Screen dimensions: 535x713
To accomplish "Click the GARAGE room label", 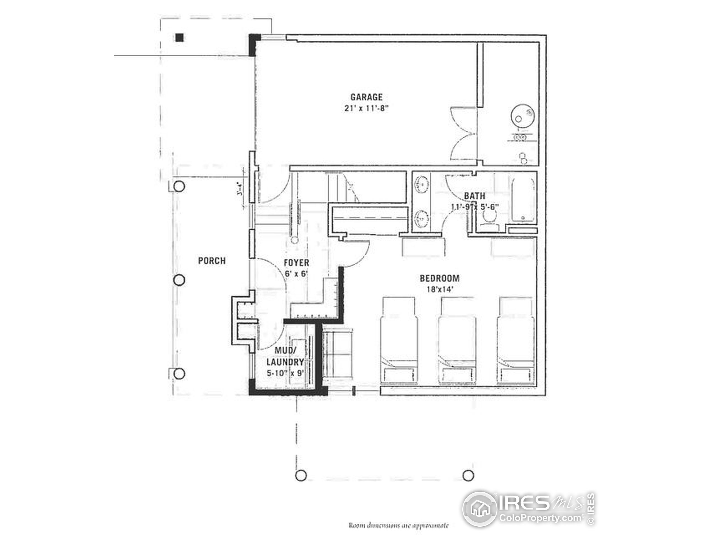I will coord(367,97).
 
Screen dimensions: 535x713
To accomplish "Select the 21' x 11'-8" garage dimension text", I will coord(367,108).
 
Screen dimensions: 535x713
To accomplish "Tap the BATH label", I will coord(475,196).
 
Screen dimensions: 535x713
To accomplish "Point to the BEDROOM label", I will coord(440,278).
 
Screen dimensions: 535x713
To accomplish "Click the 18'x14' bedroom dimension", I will coord(440,289).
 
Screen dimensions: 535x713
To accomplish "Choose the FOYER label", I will coord(296,262).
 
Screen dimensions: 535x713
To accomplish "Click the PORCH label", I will coord(212,261).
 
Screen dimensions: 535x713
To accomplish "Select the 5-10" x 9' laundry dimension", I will coord(285,373).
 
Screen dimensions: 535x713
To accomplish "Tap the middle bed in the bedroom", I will coord(457,342).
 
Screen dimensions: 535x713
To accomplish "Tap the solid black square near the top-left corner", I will coord(180,38).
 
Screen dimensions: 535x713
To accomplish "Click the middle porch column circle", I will coord(179,280).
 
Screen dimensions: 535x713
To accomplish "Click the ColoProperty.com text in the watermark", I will coord(541,518).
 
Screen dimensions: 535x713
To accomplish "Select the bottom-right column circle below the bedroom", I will coord(468,475).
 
